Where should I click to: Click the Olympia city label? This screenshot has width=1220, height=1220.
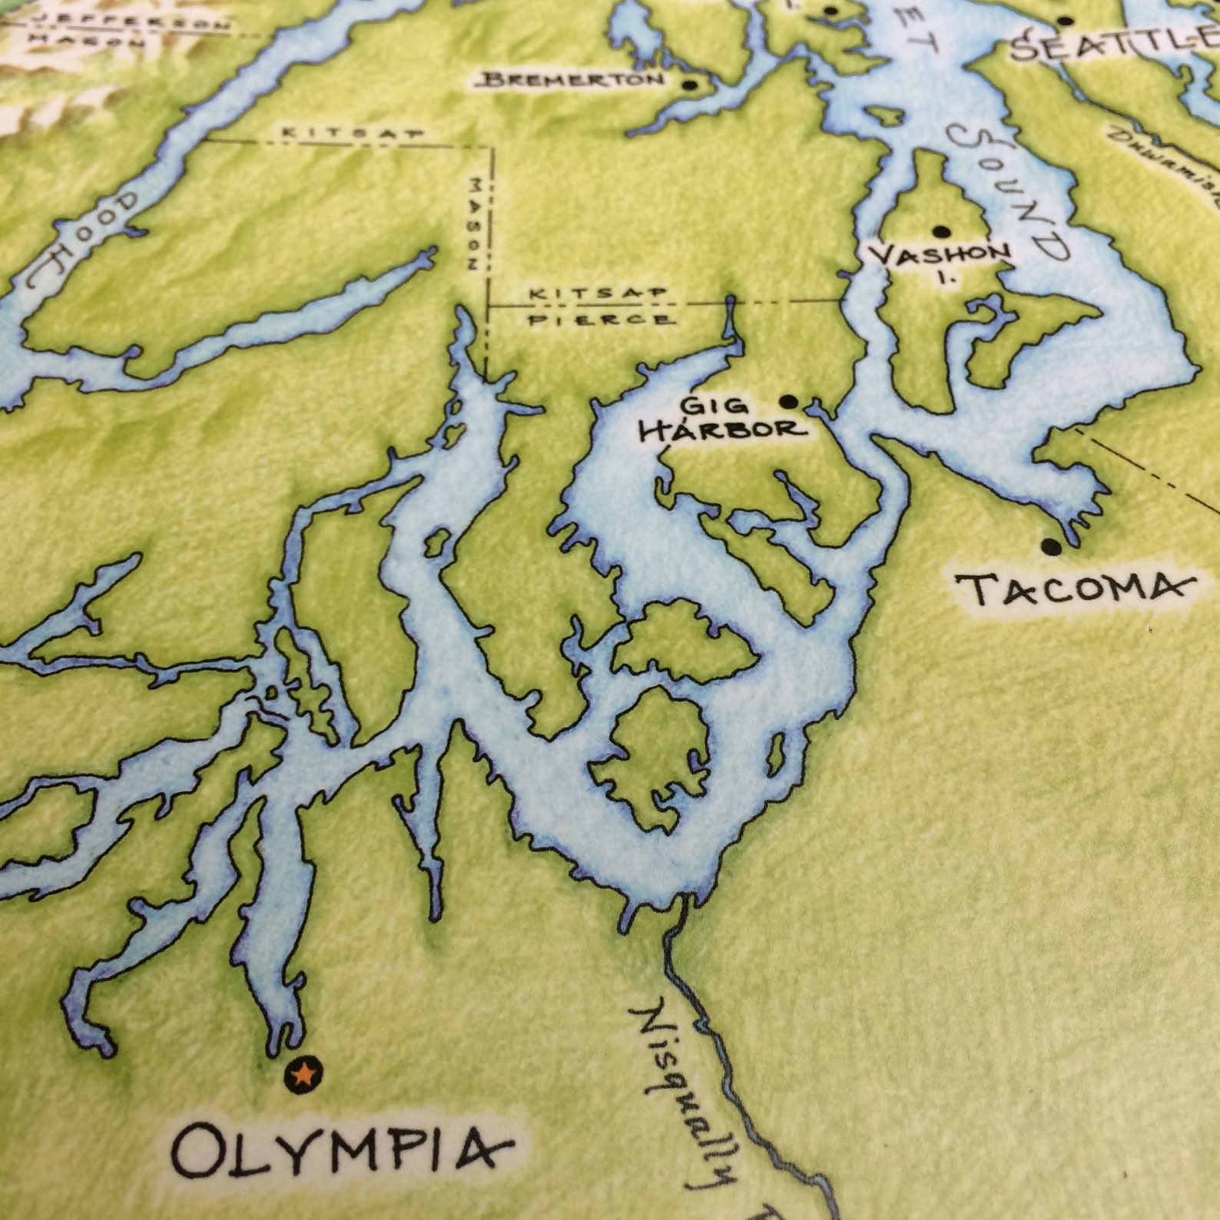(340, 1152)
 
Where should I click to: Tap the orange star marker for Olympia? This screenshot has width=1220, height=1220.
(303, 1074)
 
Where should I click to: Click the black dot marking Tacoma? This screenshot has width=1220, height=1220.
(1050, 547)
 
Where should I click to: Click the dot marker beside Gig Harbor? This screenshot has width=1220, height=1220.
(788, 401)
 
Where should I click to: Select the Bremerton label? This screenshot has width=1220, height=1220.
(573, 79)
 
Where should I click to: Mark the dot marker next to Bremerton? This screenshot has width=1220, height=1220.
(689, 85)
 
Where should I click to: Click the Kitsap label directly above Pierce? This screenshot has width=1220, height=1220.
(599, 294)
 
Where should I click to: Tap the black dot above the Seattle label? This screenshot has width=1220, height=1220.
(1064, 22)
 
